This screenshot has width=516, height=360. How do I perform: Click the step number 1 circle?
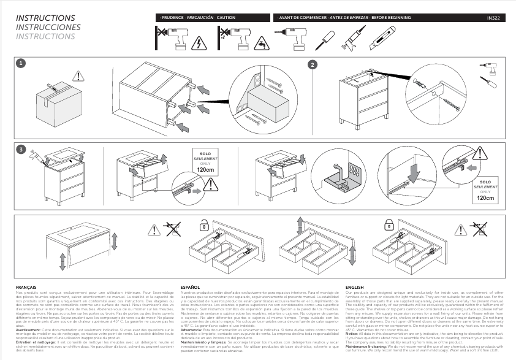(x=20, y=63)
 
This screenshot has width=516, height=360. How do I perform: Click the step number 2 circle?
(x=312, y=64)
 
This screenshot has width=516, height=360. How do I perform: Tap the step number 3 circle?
(x=20, y=149)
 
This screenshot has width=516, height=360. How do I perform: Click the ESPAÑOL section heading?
(x=190, y=286)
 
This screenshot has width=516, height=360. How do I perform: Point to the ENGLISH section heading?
(x=355, y=286)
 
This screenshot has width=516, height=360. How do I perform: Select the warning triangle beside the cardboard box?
(x=78, y=76)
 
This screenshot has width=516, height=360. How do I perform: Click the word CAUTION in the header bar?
(x=226, y=18)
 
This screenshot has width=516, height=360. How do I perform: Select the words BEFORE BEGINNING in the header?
(x=392, y=18)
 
